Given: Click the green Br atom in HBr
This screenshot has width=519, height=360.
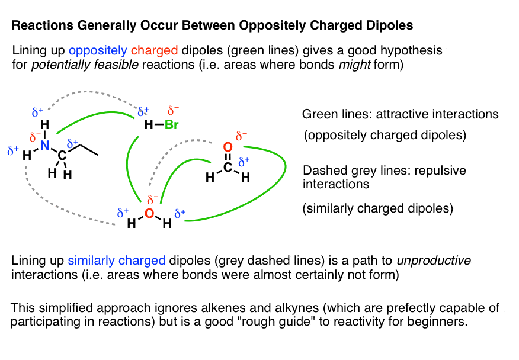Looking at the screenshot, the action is (171, 125).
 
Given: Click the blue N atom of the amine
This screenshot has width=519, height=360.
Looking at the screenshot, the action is (44, 145).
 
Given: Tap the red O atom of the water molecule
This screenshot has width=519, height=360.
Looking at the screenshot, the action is (149, 213).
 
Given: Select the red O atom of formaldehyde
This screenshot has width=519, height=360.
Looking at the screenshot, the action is (228, 147).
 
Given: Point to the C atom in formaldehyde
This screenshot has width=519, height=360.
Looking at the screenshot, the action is (228, 167).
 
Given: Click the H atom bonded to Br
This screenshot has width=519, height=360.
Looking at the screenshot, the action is (149, 125).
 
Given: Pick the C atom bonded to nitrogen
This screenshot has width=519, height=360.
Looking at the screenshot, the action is (62, 155).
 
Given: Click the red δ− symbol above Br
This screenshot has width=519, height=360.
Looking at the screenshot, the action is (173, 110).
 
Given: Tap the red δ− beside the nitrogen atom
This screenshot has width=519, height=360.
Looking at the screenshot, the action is (35, 137).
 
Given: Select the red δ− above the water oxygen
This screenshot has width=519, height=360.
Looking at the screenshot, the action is (153, 200).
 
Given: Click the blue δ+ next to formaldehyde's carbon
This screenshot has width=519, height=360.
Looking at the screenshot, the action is (244, 162).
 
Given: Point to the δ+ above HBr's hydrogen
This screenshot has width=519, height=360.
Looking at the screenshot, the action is (143, 111).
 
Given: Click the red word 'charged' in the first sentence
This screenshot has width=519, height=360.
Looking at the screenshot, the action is (154, 50).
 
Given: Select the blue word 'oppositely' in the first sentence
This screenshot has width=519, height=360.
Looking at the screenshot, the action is (98, 50).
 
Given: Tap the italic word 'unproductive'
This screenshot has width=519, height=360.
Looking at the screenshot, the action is (434, 261).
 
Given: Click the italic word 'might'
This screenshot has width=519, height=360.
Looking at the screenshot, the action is (354, 64).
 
